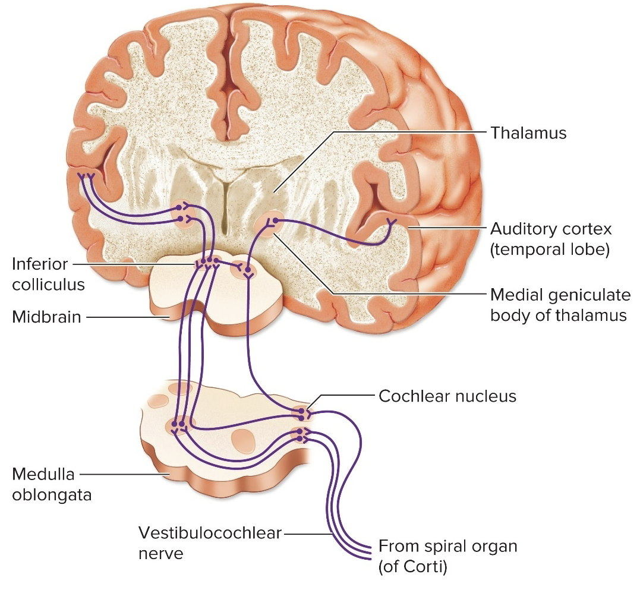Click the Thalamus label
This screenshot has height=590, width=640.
[528, 132]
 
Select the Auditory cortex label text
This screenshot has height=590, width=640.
[550, 229]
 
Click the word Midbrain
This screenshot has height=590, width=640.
[46, 316]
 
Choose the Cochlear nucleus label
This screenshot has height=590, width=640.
[447, 396]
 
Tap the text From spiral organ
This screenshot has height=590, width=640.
[447, 546]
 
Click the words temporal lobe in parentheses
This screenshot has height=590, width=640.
[550, 250]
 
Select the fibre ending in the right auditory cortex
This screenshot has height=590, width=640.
[390, 223]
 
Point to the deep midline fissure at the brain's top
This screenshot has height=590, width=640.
[226, 71]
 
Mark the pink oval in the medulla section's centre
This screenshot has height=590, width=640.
[242, 440]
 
